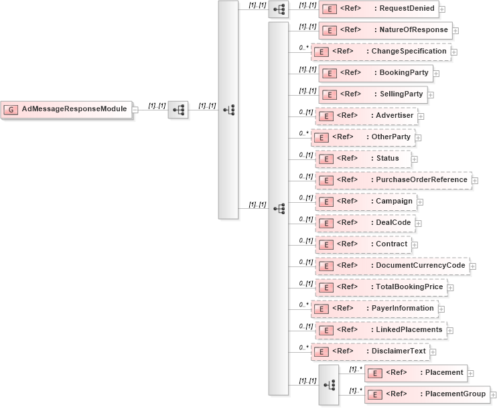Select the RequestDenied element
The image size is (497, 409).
point(378,9)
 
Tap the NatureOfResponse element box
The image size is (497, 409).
point(384,30)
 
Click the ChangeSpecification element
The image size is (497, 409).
point(380,52)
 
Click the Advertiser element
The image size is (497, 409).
point(366,116)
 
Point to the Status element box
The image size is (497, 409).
point(363,159)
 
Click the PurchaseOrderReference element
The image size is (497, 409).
point(393,180)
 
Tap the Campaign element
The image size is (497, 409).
point(365,201)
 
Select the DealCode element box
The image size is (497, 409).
point(365,223)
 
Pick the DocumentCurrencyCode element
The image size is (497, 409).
point(391,266)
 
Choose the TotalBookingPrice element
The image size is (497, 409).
point(380,287)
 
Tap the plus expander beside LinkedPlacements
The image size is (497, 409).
point(450,331)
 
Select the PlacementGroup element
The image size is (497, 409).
point(427,394)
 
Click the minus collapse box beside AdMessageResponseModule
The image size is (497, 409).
point(135,110)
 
